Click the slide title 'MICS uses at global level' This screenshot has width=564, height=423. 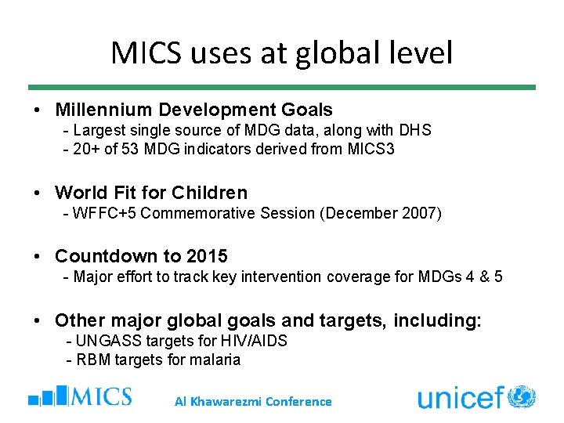pyautogui.click(x=282, y=53)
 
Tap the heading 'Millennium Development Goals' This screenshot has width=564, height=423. pyautogui.click(x=193, y=110)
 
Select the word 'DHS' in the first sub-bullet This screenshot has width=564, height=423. pyautogui.click(x=415, y=130)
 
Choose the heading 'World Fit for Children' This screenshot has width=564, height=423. pyautogui.click(x=150, y=193)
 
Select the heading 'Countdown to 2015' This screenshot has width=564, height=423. pyautogui.click(x=141, y=256)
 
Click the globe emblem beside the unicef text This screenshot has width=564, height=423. pyautogui.click(x=521, y=396)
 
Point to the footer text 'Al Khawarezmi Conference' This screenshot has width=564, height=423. pyautogui.click(x=252, y=402)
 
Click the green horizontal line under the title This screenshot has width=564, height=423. pyautogui.click(x=282, y=87)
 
